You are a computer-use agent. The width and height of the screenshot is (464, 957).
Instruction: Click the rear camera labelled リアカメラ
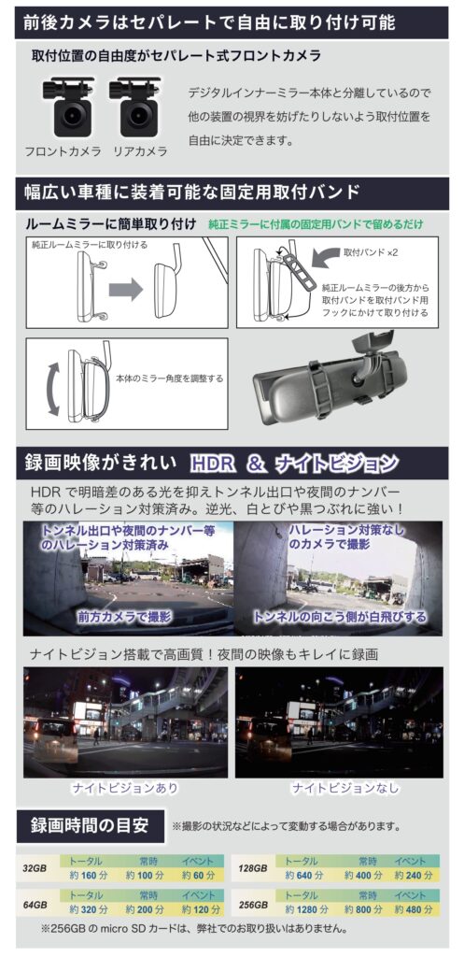coord(134,107)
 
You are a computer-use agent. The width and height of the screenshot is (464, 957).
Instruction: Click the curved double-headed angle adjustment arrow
coord(52,389)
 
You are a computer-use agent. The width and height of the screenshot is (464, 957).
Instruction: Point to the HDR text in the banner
coord(212,464)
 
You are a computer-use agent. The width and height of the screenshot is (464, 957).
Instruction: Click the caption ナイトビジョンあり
coord(125,788)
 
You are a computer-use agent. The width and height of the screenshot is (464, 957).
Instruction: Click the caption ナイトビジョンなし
coord(345,788)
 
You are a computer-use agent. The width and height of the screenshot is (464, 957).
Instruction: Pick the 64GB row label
coord(35,905)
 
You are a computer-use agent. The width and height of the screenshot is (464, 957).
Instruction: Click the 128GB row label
coord(252,868)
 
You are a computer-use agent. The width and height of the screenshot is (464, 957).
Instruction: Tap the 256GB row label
coord(252,905)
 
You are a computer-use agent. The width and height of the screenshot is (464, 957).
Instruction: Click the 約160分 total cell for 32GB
coord(85,875)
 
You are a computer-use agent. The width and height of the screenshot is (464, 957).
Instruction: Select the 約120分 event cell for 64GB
coord(198,909)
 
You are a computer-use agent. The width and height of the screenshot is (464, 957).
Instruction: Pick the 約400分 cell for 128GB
coord(363,875)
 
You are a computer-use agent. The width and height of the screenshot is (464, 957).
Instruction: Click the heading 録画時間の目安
coord(90,826)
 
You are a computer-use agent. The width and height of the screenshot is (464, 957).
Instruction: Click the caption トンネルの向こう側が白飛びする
coord(340,617)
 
